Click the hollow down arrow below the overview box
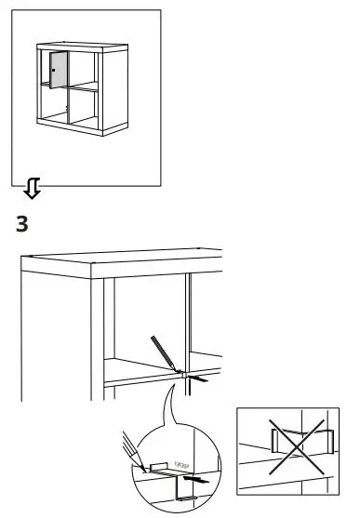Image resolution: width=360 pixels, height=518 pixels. pyautogui.click(x=33, y=191)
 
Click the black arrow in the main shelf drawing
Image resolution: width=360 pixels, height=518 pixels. pyautogui.click(x=197, y=379)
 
